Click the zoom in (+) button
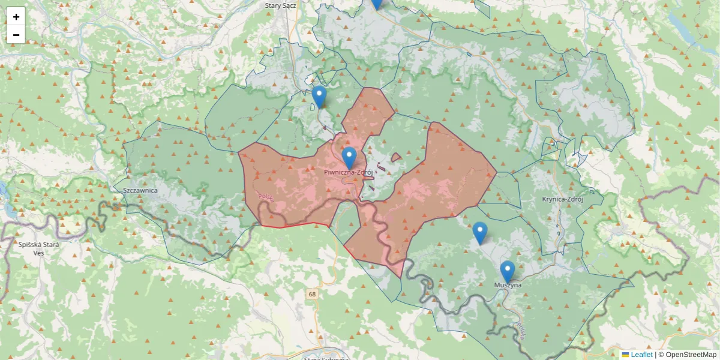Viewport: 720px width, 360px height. (16, 17)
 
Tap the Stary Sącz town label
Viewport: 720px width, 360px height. (281, 5)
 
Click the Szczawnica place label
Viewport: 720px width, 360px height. (140, 190)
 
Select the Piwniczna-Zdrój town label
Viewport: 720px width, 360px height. (349, 172)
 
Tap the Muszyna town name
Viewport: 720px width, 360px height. (508, 285)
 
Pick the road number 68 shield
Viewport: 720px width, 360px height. (312, 294)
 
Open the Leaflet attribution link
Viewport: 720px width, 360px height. (641, 355)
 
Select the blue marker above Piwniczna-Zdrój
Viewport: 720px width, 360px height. (349, 158)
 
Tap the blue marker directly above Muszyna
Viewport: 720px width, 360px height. (508, 271)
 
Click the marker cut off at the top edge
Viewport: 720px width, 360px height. (376, 4)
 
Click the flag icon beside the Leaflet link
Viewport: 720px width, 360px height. (625, 355)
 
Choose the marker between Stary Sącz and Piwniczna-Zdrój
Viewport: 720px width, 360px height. (319, 97)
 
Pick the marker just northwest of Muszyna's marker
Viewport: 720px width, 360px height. (479, 233)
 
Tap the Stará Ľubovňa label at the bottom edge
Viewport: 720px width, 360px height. (326, 358)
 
